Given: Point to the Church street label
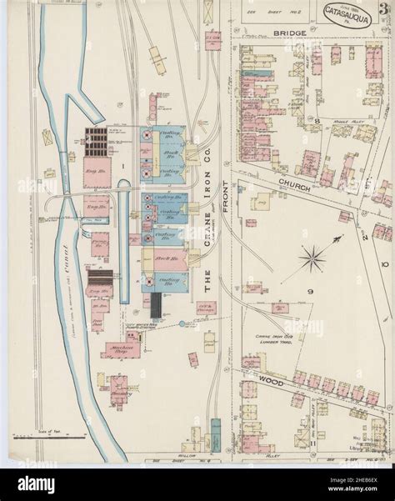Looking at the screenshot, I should pyautogui.click(x=294, y=188).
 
